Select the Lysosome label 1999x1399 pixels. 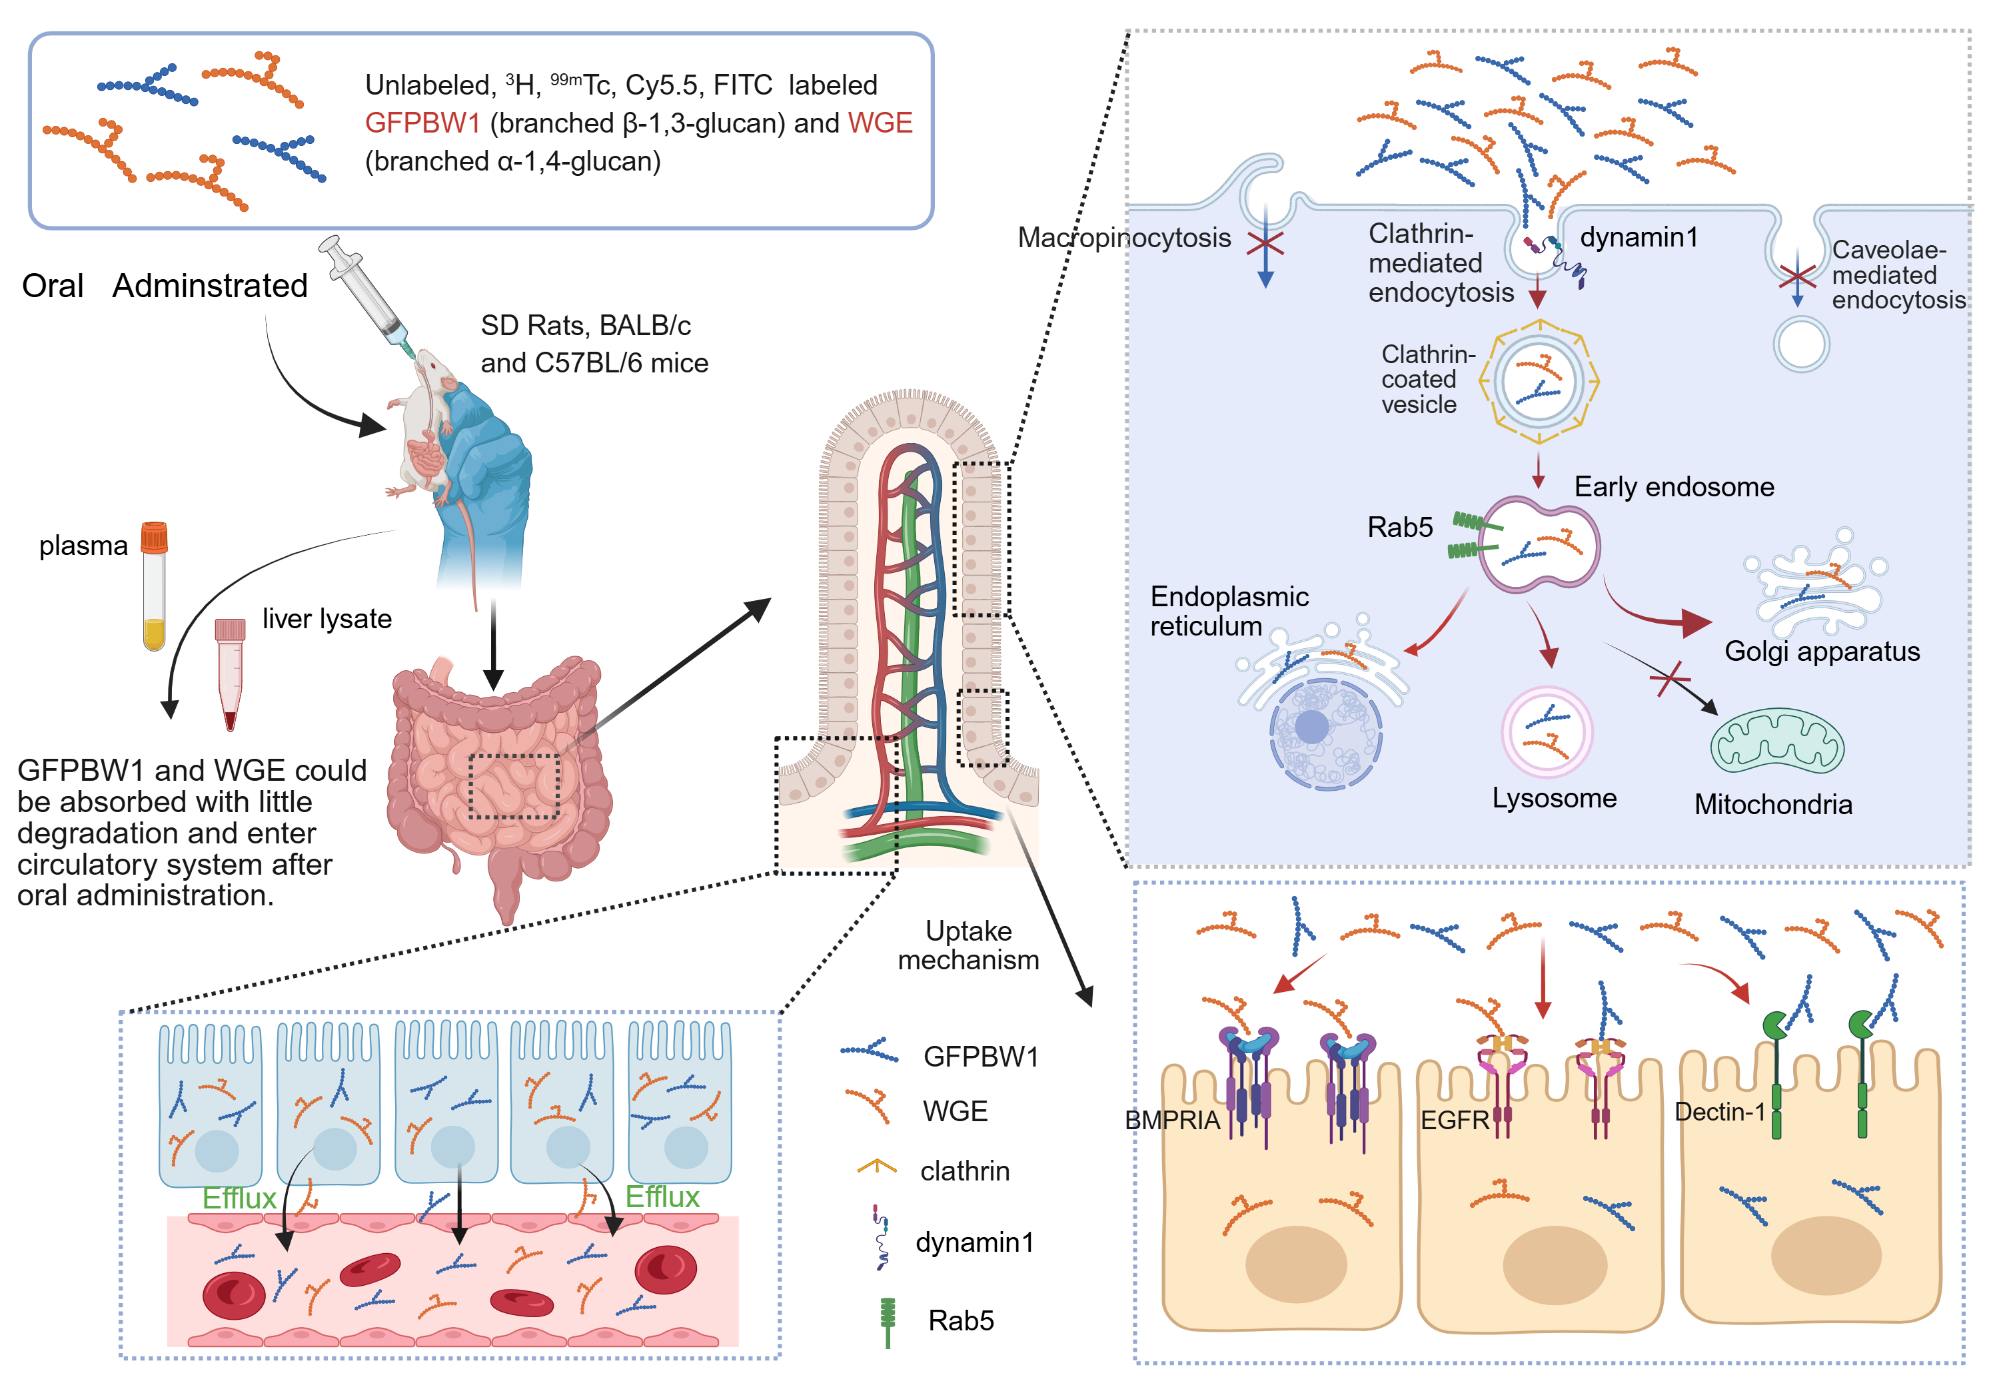1554,798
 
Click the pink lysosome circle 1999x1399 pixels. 1547,732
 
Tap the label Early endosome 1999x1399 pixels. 1673,486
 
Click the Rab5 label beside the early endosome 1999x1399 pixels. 1399,527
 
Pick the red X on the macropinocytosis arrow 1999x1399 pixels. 1265,244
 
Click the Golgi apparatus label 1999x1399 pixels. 1821,651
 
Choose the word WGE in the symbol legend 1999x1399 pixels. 955,1112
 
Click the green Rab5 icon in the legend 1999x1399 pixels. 887,1320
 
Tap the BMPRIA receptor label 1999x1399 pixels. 1172,1121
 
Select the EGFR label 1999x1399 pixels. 1454,1121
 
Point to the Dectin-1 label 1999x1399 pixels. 1720,1112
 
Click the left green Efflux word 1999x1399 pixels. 239,1198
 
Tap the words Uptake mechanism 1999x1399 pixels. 968,945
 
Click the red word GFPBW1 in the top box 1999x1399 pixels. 422,123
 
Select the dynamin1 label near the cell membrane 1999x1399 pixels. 1639,236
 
